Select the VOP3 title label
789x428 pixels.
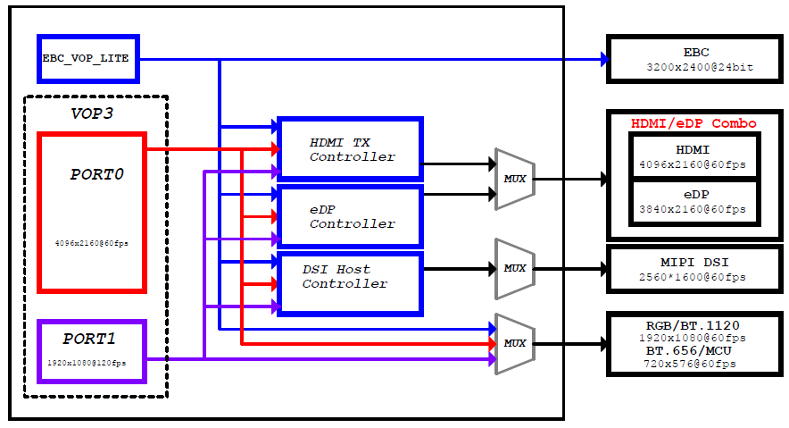point(92,113)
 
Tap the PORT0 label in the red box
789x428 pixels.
point(96,174)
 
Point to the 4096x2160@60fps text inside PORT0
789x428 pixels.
point(92,243)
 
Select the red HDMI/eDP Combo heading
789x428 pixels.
point(693,123)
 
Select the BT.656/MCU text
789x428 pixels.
point(689,350)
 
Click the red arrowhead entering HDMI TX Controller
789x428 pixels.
point(275,149)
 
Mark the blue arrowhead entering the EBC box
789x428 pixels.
point(604,59)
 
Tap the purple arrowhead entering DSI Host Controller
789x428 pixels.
point(276,306)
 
